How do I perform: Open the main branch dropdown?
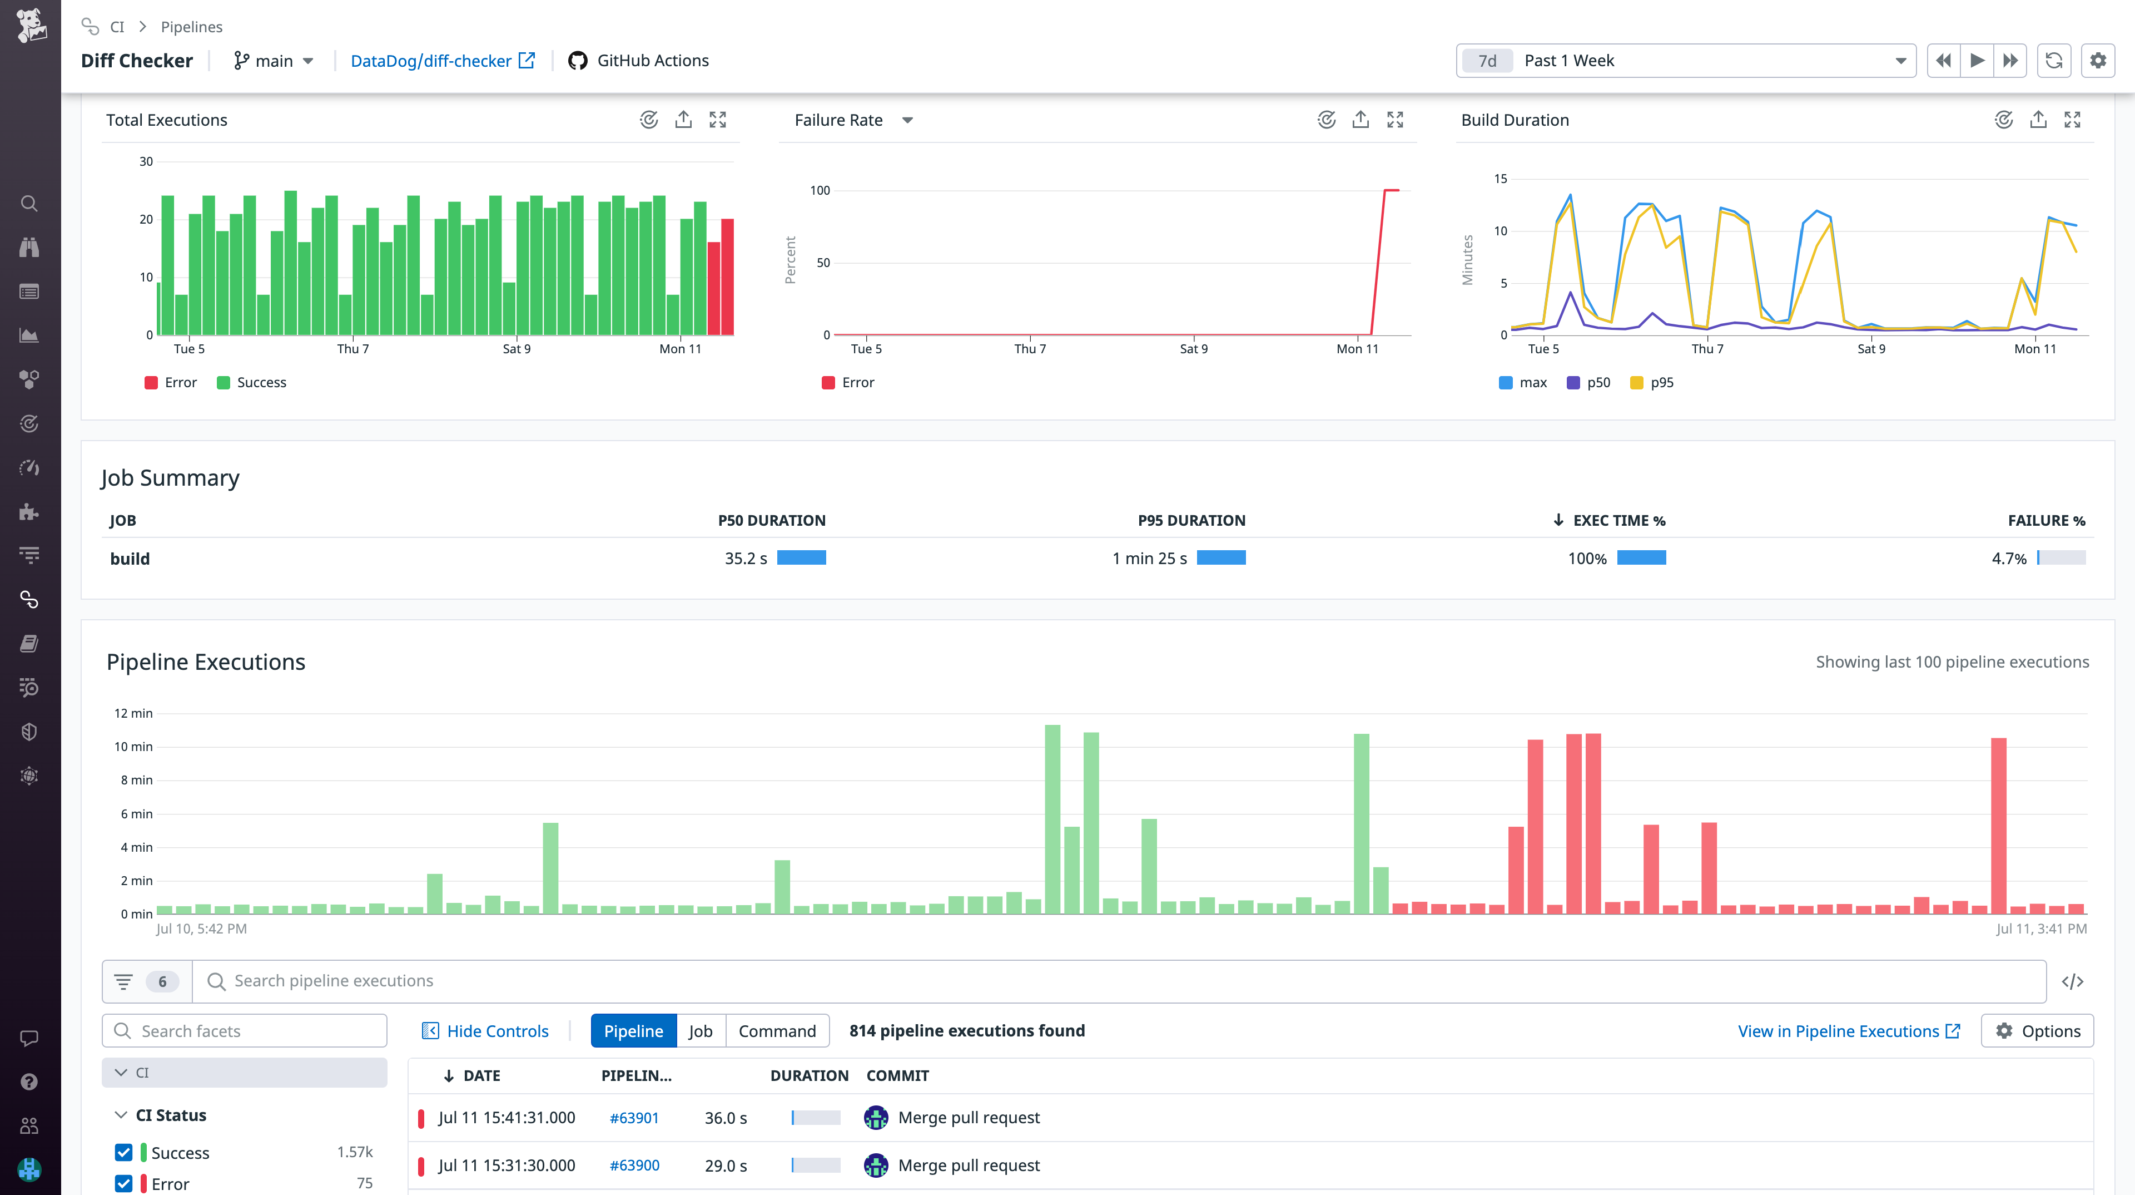pos(274,61)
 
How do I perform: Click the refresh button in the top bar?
pos(2053,61)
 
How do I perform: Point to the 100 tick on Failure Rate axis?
pos(820,191)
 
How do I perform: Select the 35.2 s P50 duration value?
pos(745,558)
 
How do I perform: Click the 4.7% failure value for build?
pos(2008,558)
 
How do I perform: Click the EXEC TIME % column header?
pos(1618,520)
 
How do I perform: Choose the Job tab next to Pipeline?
pos(701,1031)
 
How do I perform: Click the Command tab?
pos(777,1031)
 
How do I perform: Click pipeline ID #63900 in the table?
pos(634,1165)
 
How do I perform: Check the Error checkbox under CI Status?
pos(123,1183)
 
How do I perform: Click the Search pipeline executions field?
pos(1119,981)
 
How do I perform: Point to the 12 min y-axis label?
pos(133,713)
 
